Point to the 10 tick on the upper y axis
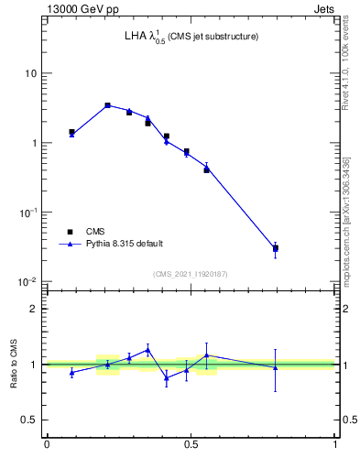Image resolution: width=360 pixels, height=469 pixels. pyautogui.click(x=33, y=73)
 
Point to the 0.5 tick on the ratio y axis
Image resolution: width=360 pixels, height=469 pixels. pyautogui.click(x=31, y=420)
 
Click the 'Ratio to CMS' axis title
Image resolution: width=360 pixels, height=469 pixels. pyautogui.click(x=14, y=365)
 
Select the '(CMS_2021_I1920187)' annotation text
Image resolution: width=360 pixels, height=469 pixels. pyautogui.click(x=191, y=274)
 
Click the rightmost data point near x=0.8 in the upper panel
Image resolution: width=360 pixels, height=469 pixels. pyautogui.click(x=276, y=248)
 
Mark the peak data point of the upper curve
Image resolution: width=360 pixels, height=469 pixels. pyautogui.click(x=107, y=105)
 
